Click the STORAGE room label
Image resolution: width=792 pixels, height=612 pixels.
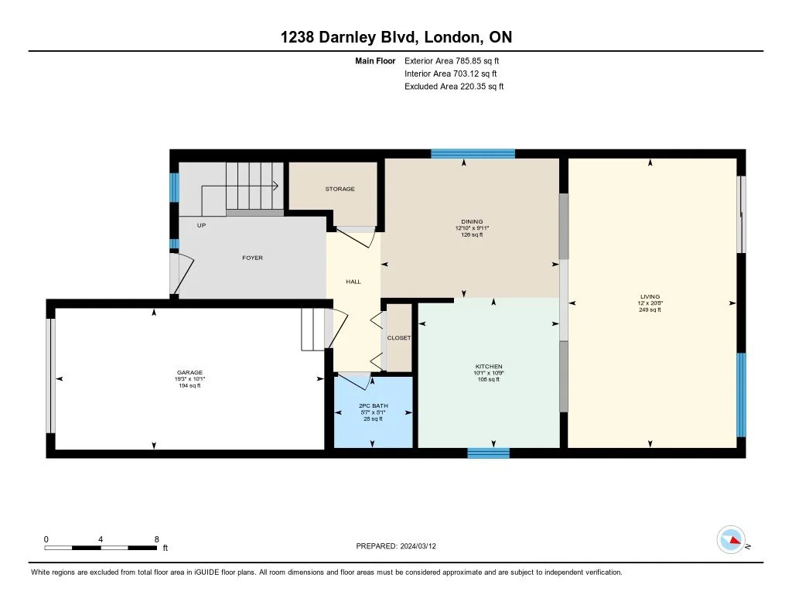click(x=340, y=189)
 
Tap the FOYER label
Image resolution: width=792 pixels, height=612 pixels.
click(x=252, y=258)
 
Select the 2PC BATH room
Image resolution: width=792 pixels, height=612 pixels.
click(x=374, y=412)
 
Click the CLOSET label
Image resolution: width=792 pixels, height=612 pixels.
click(x=398, y=337)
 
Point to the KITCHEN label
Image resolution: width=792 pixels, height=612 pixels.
click(x=489, y=367)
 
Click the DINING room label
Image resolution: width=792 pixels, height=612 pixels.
click(x=472, y=221)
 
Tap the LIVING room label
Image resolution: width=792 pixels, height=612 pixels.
click(x=650, y=296)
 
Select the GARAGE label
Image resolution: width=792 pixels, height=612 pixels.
click(x=189, y=372)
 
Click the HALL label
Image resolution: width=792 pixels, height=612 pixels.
click(x=353, y=282)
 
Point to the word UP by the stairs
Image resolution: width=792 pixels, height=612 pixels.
click(x=201, y=225)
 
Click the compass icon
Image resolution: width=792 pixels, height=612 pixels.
click(x=731, y=540)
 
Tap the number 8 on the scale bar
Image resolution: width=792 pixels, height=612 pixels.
click(x=156, y=539)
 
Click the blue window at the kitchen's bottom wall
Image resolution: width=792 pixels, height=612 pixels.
click(x=488, y=453)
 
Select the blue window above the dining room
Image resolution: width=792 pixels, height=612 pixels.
click(x=473, y=154)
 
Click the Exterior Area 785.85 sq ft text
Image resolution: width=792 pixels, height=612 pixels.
click(x=452, y=60)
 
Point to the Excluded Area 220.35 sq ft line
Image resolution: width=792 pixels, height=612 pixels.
click(x=454, y=87)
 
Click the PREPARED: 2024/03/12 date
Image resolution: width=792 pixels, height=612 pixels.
click(x=396, y=545)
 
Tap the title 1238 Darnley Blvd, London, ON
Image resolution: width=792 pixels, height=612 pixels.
click(x=396, y=37)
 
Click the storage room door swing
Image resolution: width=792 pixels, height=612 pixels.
click(x=356, y=237)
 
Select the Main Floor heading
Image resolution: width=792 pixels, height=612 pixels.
click(x=375, y=60)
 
